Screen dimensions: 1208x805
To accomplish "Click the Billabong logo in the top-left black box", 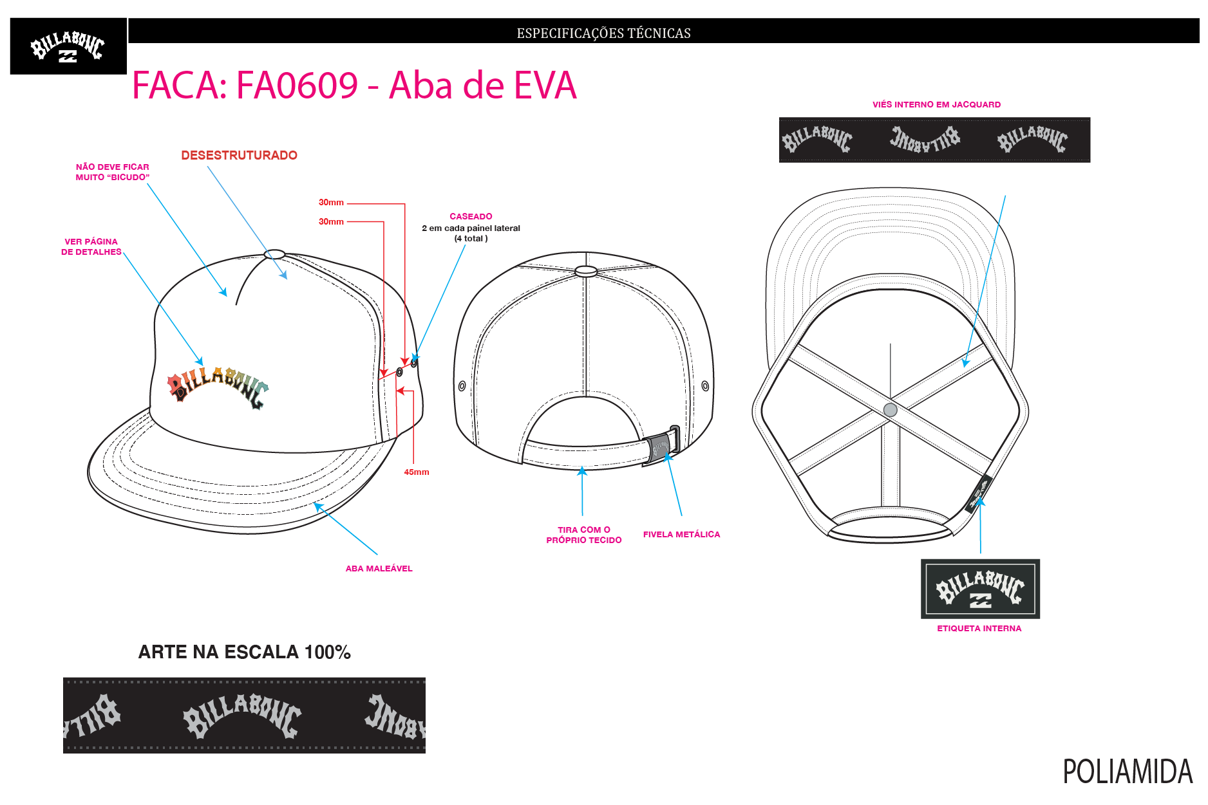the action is [x=68, y=47].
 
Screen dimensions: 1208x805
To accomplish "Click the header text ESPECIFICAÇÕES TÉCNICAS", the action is [x=603, y=33].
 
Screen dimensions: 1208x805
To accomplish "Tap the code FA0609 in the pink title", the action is [x=297, y=85].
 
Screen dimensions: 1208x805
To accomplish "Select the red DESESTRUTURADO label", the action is [x=239, y=155].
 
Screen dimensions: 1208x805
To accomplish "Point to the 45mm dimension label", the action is [x=417, y=472].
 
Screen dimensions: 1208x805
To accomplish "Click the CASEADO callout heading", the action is [x=471, y=216].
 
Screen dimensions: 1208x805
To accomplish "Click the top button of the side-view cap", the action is [x=274, y=254].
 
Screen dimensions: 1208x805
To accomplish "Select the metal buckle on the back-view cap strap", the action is [x=661, y=443].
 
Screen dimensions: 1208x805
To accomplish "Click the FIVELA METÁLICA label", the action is [x=681, y=534].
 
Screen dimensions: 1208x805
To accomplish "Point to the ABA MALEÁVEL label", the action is [x=379, y=568].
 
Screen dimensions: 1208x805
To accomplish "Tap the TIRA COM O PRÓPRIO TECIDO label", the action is [x=584, y=535].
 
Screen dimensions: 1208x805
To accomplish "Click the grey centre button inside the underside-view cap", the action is [x=891, y=410].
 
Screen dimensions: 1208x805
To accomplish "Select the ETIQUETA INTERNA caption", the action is [x=979, y=628].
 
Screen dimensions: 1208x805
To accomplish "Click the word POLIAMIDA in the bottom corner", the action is [x=1128, y=772].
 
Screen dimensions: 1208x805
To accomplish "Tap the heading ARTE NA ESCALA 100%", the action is [x=245, y=652].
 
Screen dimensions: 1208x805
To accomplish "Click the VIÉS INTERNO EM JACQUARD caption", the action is [x=936, y=104].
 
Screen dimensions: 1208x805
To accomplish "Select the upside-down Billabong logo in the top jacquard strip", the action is [x=925, y=139].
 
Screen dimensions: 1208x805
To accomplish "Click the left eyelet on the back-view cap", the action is [x=462, y=386].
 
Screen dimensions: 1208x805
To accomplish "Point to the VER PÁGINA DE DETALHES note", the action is [x=91, y=246].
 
